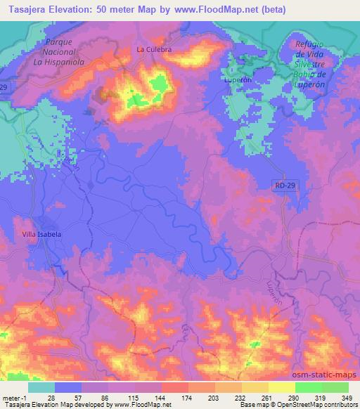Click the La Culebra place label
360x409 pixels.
154,50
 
